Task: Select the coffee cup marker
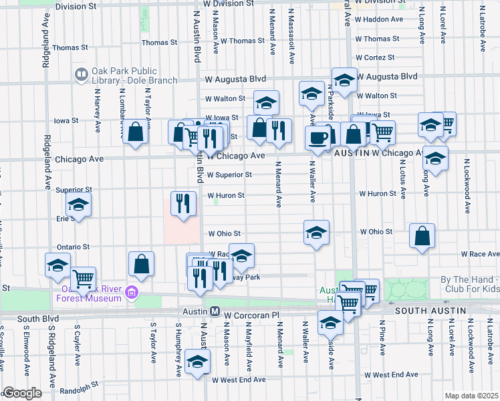click(318, 138)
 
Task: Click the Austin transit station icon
click(215, 312)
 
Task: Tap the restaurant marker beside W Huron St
click(183, 203)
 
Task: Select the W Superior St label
click(229, 175)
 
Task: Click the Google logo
click(22, 393)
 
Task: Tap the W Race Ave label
click(480, 254)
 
